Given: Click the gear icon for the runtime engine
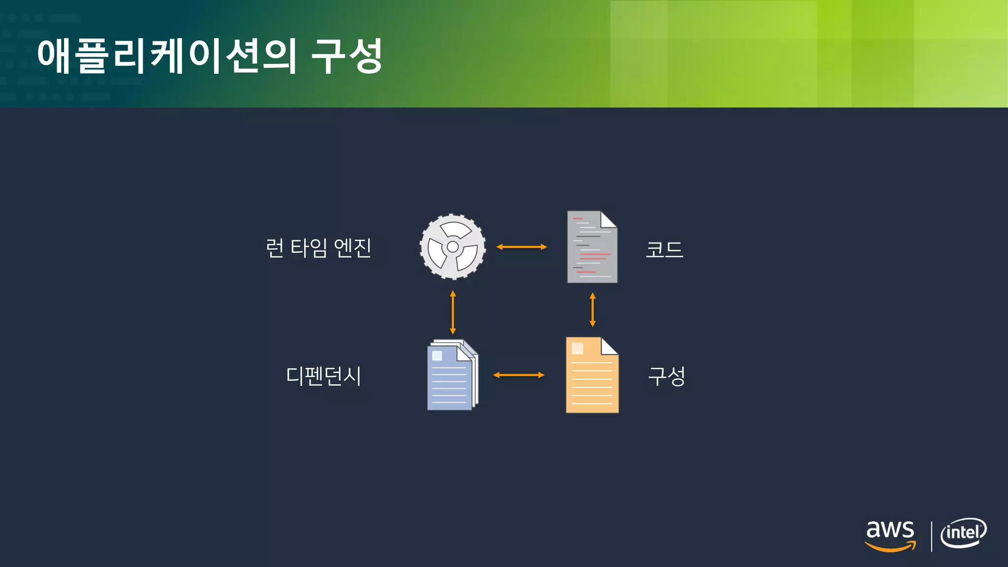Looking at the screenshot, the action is [452, 247].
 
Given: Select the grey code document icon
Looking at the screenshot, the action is [592, 247].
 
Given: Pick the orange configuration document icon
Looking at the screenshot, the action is [592, 375].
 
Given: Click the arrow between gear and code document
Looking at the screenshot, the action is [522, 247].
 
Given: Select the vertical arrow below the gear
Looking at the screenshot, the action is [453, 313].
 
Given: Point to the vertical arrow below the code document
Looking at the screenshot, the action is [593, 310].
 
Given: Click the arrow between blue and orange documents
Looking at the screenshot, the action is [519, 375].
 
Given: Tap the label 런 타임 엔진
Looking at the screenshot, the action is [318, 248].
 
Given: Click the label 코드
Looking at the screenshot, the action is [664, 249].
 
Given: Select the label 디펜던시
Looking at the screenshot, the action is [323, 376].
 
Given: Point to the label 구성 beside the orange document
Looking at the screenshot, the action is [666, 377].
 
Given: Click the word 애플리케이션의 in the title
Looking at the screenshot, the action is [167, 56].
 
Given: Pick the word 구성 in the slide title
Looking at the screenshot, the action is [346, 56].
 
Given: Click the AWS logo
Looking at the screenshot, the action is [890, 535].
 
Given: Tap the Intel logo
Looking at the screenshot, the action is [963, 533].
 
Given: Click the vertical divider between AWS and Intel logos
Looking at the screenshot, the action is [932, 536].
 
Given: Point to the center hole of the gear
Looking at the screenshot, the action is [453, 247].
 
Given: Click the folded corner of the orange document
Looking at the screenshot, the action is [609, 346].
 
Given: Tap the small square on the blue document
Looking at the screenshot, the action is [437, 355].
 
